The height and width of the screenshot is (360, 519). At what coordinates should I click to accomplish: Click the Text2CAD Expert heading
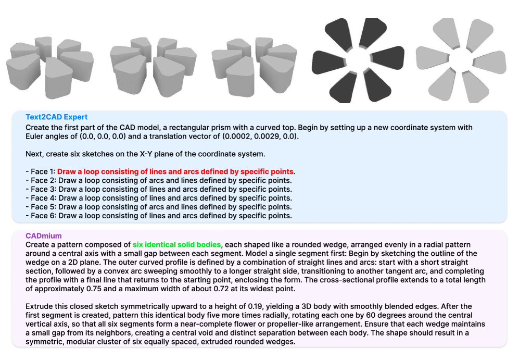[x=57, y=117]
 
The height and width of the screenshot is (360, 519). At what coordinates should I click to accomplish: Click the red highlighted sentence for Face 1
[x=176, y=171]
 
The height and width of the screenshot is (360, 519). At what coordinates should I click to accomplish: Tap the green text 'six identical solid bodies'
[x=176, y=244]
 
